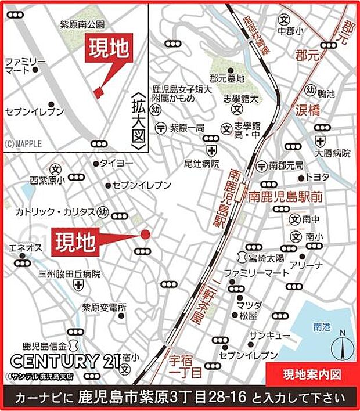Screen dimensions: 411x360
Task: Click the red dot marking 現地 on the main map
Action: click(x=145, y=235)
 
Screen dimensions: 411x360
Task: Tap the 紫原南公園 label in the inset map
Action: click(x=82, y=24)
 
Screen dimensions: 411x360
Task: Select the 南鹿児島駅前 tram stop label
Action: click(x=285, y=197)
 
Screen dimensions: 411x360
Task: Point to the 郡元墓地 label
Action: click(x=227, y=79)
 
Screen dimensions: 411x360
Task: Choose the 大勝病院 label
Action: click(x=332, y=154)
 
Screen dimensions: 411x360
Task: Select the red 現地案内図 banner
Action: click(x=311, y=373)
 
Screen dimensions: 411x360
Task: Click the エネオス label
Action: click(x=25, y=248)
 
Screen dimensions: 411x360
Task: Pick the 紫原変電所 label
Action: click(x=103, y=307)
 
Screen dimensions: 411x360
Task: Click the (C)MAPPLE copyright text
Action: click(x=24, y=144)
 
